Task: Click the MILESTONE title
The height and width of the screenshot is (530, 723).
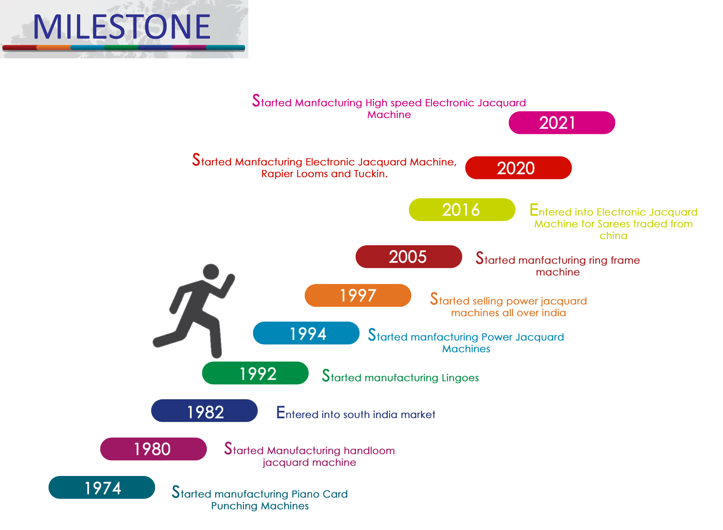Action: pos(122,27)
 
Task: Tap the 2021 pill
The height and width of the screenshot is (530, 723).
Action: pos(562,123)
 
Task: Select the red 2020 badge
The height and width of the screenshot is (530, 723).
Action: pos(518,168)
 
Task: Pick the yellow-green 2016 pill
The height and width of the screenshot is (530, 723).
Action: pos(462,210)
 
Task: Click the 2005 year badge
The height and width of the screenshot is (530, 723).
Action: pos(408,257)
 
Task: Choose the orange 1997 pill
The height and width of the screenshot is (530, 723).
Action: pos(358,295)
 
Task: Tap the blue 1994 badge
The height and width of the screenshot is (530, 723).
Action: pos(306,333)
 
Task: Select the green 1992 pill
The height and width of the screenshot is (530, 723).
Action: pos(255,373)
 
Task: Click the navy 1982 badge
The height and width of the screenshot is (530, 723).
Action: pos(204,411)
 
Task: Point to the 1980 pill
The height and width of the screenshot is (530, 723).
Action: pos(153,449)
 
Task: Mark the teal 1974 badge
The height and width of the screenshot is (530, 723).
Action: pos(101,487)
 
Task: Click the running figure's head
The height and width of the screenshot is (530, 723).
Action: pos(211,271)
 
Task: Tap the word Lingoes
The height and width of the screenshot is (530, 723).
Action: pos(460,378)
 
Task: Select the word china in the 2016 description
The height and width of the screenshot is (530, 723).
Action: pos(613,236)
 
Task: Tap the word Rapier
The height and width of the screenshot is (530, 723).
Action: pos(275,174)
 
